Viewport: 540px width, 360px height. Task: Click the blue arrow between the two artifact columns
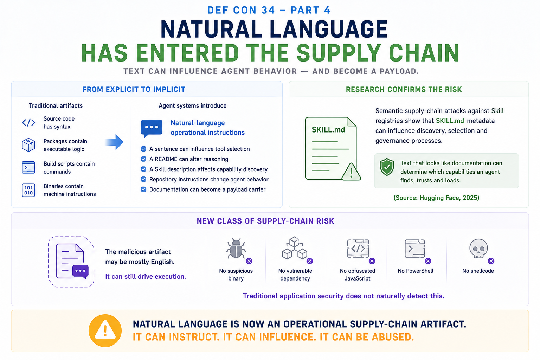coord(115,142)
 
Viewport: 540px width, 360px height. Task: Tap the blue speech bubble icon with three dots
coord(152,128)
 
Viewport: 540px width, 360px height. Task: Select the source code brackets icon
coord(29,122)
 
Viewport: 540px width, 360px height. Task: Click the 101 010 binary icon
coord(28,190)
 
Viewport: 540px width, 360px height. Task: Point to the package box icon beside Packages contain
coord(28,145)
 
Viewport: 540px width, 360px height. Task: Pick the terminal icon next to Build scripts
coord(28,168)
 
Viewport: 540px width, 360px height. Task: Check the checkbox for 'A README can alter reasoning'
coord(143,159)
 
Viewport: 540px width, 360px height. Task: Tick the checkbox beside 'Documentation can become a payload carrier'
coord(143,189)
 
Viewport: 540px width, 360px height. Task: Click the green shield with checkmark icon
coord(387,167)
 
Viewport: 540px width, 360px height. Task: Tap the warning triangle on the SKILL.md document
coord(351,172)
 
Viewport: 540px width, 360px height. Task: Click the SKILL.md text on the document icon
coord(328,130)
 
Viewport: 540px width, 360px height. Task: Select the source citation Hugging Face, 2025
coord(436,198)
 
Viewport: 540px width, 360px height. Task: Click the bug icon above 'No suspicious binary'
coord(236,249)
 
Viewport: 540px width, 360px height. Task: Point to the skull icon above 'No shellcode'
coord(478,249)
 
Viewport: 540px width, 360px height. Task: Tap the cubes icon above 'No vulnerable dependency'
coord(294,248)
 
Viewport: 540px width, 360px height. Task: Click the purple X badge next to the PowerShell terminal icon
coord(428,261)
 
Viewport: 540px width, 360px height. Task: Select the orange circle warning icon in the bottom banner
coord(105,330)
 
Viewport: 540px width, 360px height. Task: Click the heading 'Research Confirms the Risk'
coord(404,89)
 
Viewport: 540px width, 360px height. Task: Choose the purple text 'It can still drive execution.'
coord(146,277)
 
